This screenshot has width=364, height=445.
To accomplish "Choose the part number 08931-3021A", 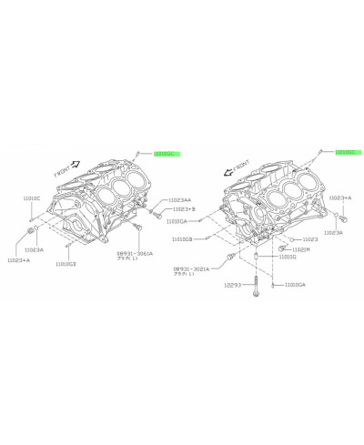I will (189, 269).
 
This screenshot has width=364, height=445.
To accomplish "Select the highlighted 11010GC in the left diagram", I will (166, 155).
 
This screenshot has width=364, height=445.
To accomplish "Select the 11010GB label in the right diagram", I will (207, 238).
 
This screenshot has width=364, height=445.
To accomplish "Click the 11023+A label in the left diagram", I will (18, 261).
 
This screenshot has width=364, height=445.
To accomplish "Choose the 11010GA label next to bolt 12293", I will (296, 285).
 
